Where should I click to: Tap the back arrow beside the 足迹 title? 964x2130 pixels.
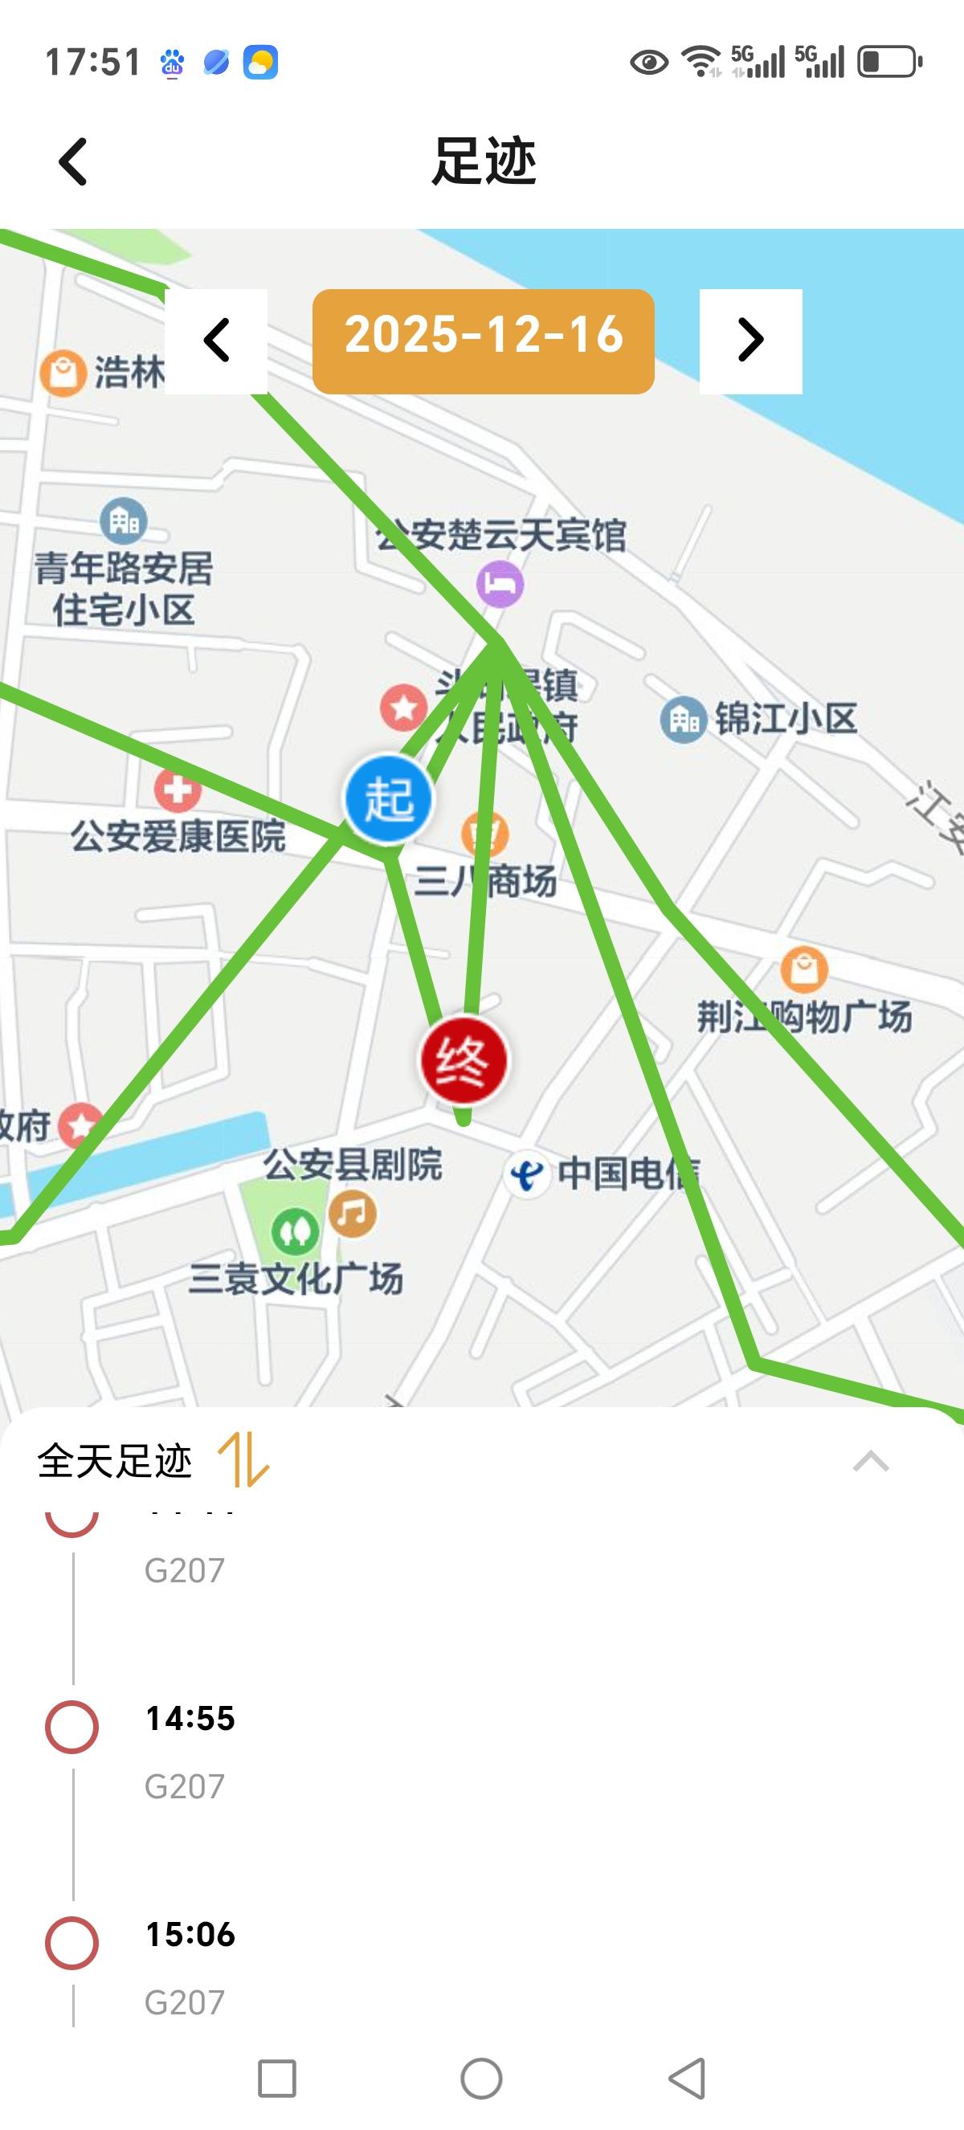(73, 161)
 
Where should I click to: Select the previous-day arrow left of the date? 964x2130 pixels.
(217, 340)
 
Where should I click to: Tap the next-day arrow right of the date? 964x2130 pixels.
(750, 340)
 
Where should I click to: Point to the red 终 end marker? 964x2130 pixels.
(463, 1061)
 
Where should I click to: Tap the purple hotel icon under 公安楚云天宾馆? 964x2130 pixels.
(500, 584)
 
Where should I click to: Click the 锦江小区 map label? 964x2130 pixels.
(786, 720)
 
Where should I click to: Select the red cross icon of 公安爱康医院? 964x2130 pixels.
(178, 790)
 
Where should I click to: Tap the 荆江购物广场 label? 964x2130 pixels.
(804, 1016)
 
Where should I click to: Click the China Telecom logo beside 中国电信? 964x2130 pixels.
(527, 1174)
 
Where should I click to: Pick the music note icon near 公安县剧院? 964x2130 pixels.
(353, 1213)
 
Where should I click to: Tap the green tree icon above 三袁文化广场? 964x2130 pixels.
(295, 1231)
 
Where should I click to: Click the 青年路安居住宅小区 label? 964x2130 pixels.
(124, 589)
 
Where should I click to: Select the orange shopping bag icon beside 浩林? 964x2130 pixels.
(63, 373)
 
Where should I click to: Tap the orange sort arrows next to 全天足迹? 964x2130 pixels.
(243, 1461)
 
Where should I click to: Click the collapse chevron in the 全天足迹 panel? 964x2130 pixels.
(871, 1462)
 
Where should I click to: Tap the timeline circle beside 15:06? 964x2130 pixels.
(72, 1942)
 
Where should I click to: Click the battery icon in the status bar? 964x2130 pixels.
(889, 62)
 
